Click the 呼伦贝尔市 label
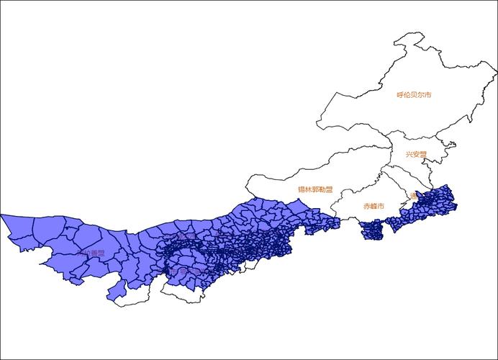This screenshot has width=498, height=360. click(414, 95)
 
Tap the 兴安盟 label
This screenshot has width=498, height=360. click(415, 154)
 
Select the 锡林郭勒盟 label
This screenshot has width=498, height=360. click(315, 190)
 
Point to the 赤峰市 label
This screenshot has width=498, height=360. click(373, 206)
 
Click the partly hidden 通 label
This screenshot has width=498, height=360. click(413, 195)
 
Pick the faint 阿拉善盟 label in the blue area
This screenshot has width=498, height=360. click(92, 253)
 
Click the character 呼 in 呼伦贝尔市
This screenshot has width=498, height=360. click(400, 95)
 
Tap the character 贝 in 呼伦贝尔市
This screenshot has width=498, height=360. click(414, 95)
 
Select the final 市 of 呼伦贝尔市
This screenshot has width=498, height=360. click(427, 95)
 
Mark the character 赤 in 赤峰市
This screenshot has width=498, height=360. click(366, 206)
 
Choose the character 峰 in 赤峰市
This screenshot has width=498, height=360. click(373, 206)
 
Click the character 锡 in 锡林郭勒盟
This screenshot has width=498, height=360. click(302, 190)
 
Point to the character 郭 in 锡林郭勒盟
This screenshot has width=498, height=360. click(315, 190)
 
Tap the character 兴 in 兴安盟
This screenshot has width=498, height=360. click(408, 154)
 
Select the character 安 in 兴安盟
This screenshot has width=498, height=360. click(415, 154)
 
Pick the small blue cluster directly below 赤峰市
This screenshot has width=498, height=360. click(373, 230)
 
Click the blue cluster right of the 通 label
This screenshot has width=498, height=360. click(435, 202)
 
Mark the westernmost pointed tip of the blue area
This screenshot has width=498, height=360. click(1, 215)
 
